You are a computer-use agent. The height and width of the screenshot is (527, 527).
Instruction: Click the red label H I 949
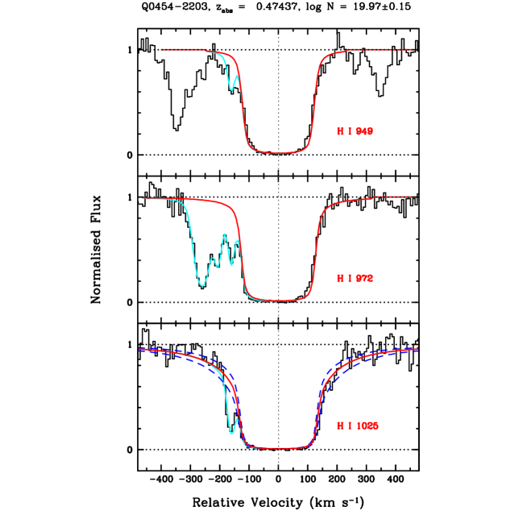(355, 131)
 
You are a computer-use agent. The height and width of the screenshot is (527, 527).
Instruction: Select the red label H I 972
(355, 278)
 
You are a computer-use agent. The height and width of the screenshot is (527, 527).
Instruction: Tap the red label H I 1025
(357, 425)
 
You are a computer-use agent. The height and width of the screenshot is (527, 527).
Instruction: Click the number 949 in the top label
(364, 131)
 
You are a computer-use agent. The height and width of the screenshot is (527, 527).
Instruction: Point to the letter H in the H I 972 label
(339, 278)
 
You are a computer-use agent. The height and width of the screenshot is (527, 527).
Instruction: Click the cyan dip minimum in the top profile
(232, 89)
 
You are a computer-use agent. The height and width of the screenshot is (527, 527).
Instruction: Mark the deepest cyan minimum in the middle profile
(202, 285)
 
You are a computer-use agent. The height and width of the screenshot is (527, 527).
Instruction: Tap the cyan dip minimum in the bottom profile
(232, 434)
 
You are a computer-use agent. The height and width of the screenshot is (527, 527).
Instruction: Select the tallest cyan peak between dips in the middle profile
(225, 234)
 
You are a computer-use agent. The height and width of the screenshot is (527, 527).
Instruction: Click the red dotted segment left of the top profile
(181, 50)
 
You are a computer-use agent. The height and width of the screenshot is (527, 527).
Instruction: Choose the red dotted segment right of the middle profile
(392, 197)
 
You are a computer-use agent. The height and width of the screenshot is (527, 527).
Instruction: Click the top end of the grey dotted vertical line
(279, 31)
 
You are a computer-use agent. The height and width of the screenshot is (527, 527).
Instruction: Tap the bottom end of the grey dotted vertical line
(279, 469)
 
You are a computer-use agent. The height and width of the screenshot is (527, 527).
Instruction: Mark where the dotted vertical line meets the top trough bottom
(279, 152)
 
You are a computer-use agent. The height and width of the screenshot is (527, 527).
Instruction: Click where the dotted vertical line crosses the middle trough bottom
(279, 301)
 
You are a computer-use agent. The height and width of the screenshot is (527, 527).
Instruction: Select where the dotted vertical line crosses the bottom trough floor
(279, 448)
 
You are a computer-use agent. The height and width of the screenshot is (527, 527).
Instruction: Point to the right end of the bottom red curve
(417, 349)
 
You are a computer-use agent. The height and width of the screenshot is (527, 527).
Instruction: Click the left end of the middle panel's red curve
(143, 198)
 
